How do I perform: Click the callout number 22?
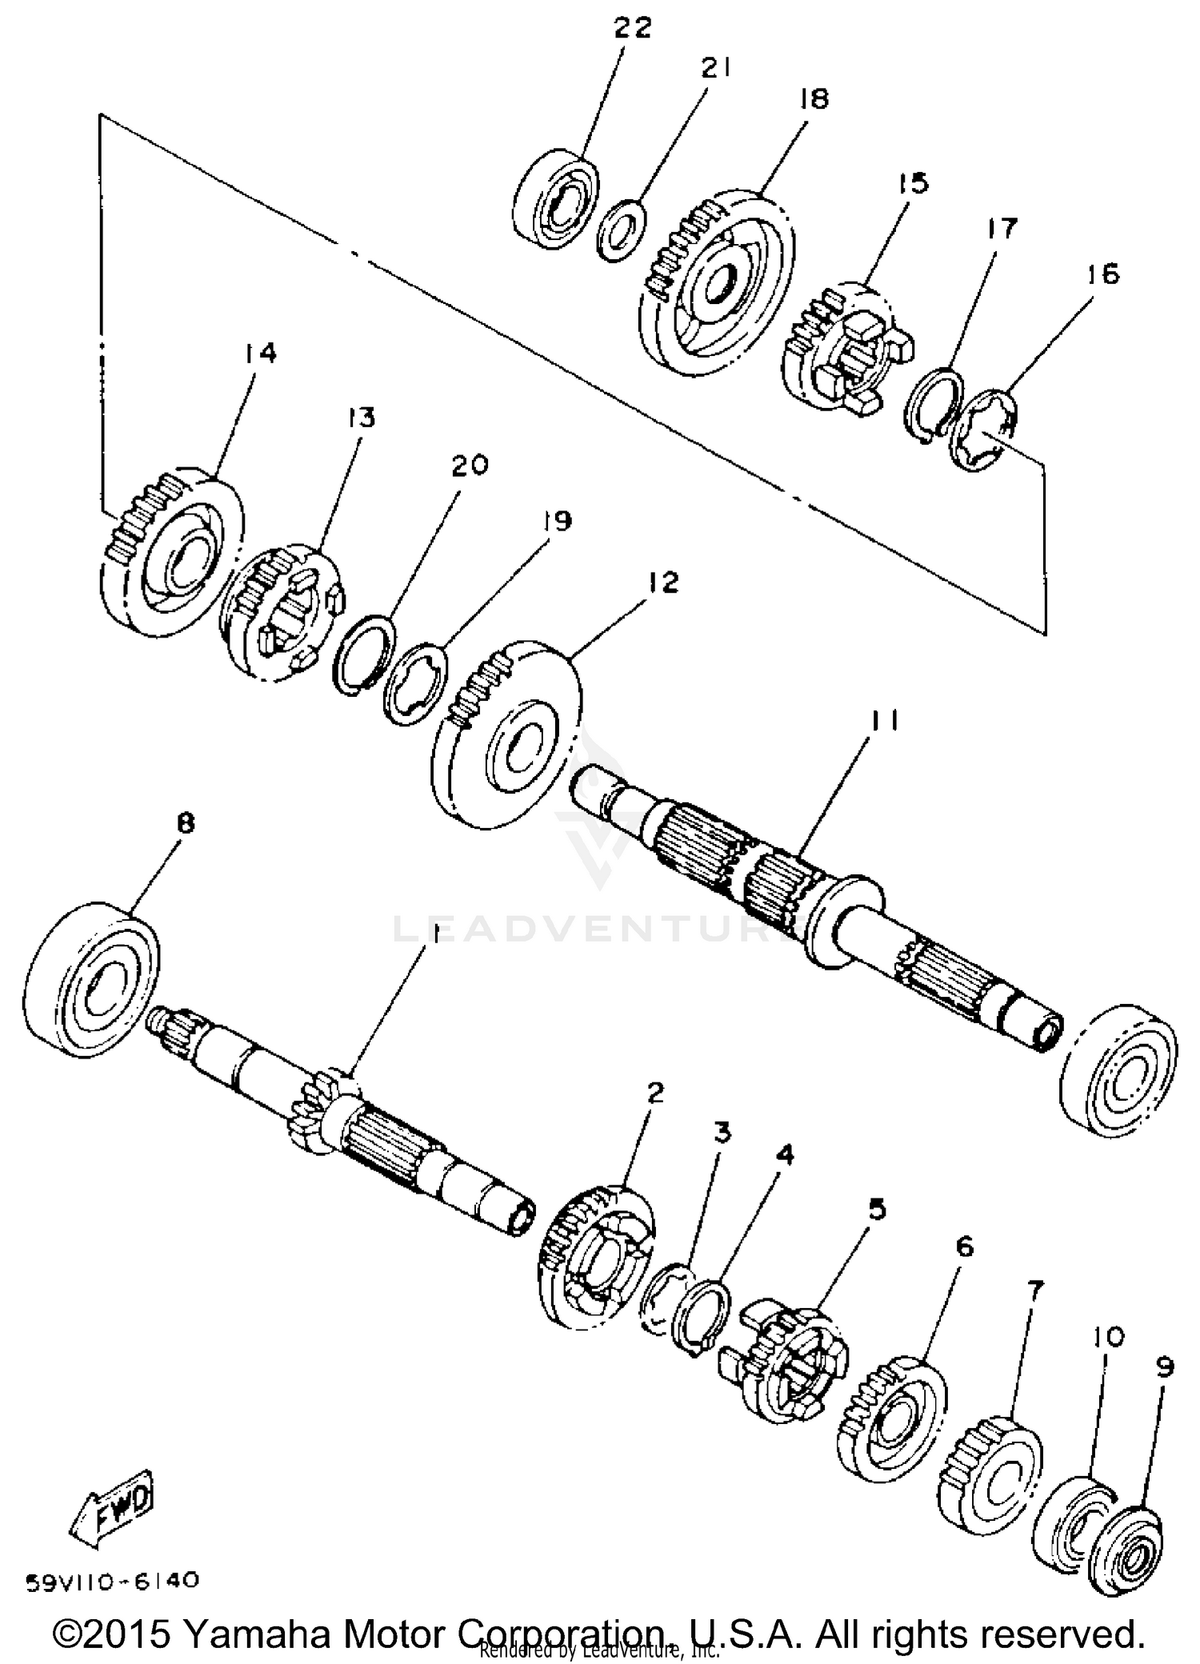tap(632, 29)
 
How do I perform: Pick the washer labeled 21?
tap(622, 230)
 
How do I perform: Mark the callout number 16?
tap(1103, 274)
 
